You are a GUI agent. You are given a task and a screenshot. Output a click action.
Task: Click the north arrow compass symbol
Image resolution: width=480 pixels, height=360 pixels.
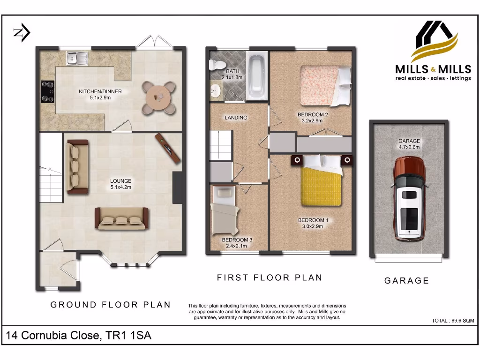[22, 33]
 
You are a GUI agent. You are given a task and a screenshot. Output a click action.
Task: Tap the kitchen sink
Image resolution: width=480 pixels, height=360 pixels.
[77, 58]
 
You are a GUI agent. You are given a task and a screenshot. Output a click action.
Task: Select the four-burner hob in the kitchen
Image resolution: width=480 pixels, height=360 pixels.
[48, 91]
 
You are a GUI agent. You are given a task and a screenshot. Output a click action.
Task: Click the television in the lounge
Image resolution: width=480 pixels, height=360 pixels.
[168, 148]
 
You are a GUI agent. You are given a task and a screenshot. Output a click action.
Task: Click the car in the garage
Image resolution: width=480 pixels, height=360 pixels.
[409, 199]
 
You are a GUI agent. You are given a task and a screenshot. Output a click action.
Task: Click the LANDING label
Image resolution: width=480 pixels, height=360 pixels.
[236, 118]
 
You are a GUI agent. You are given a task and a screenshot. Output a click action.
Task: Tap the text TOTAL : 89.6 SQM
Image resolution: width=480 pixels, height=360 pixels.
[453, 321]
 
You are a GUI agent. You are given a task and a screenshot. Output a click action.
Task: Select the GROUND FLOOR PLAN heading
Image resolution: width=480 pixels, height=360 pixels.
[111, 305]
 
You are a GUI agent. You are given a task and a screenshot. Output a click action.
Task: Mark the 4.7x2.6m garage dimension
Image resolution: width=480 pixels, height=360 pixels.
[409, 147]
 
